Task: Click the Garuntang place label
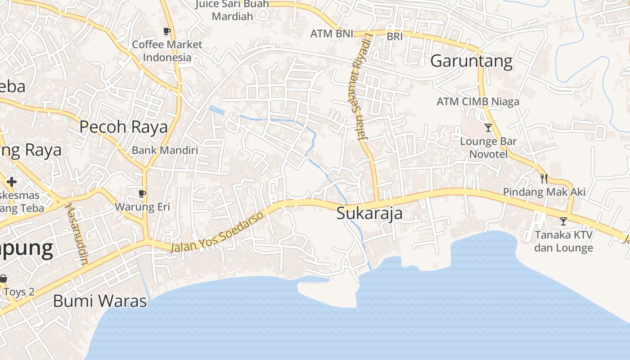coord(471,61)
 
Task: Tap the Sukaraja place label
coord(369,213)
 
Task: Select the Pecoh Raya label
coord(123,127)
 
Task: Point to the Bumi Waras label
coord(100,301)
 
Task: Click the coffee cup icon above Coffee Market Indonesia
coord(167,31)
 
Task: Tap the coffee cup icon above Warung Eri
coord(142,194)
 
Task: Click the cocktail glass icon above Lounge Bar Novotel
coord(488,128)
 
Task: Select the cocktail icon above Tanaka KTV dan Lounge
coord(563,221)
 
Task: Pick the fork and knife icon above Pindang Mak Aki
coord(544,179)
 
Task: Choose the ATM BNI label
coord(332,34)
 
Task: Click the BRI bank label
coord(395,37)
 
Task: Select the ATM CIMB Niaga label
coord(477,102)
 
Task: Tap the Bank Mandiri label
coord(165,150)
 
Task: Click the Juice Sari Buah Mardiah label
coord(232,10)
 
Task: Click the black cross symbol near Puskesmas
coord(12,182)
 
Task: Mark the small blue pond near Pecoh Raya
coord(217,110)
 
